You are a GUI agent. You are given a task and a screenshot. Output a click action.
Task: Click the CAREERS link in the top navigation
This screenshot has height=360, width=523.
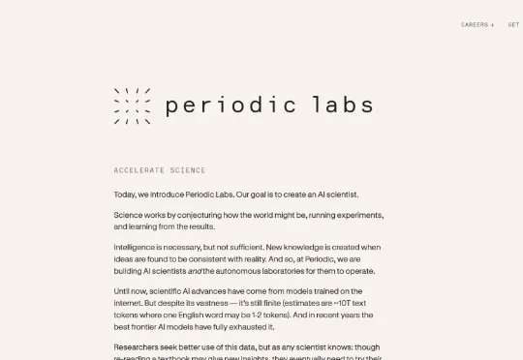(x=476, y=25)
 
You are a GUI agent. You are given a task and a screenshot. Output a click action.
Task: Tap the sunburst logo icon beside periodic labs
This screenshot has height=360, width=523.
(x=132, y=105)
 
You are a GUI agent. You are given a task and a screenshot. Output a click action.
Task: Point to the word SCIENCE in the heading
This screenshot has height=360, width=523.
(x=188, y=170)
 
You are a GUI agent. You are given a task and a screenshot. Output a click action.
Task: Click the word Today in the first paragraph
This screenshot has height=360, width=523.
(x=125, y=195)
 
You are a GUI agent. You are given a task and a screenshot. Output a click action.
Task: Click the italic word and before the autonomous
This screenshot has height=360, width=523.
(x=194, y=271)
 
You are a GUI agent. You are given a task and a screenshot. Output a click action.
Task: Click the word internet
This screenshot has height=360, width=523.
(x=130, y=303)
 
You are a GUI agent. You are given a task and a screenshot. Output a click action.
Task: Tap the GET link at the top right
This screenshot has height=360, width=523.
(x=513, y=25)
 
